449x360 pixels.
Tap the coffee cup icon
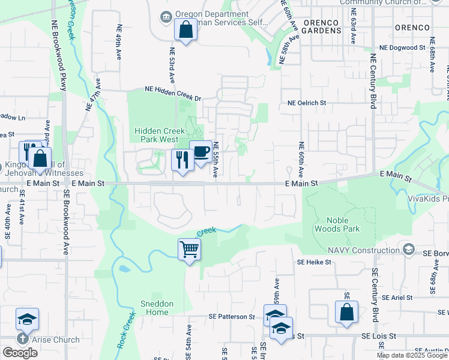[200, 152]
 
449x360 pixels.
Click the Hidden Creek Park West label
[156, 135]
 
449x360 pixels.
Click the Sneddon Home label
[154, 308]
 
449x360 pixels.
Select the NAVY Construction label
[364, 250]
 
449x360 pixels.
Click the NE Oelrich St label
[306, 103]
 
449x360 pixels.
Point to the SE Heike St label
[314, 262]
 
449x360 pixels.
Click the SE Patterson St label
[232, 316]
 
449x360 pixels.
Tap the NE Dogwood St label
[402, 47]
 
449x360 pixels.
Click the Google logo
[20, 352]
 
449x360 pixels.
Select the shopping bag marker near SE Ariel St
[346, 312]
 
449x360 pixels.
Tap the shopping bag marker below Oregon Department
[185, 29]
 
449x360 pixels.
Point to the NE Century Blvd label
[373, 81]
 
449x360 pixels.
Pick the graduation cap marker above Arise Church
[27, 319]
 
